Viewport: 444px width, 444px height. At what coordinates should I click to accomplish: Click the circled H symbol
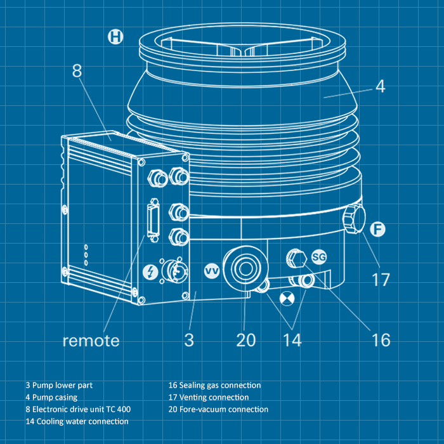pyautogui.click(x=115, y=37)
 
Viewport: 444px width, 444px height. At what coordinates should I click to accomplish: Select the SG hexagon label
pyautogui.click(x=319, y=257)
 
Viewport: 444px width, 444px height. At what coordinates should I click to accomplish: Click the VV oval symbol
pyautogui.click(x=212, y=271)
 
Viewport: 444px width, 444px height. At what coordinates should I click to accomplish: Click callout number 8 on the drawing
pyautogui.click(x=77, y=70)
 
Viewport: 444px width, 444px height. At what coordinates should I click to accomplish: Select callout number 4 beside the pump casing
pyautogui.click(x=380, y=87)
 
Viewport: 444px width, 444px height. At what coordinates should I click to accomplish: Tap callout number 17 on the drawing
pyautogui.click(x=380, y=279)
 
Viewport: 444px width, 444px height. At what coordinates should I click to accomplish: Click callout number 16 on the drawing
pyautogui.click(x=381, y=339)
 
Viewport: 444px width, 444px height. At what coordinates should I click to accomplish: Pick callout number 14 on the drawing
pyautogui.click(x=292, y=339)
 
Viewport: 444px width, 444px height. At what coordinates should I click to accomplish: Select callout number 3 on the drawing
pyautogui.click(x=189, y=339)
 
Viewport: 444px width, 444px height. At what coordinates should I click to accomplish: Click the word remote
pyautogui.click(x=91, y=341)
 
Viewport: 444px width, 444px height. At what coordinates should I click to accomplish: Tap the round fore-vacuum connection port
pyautogui.click(x=245, y=264)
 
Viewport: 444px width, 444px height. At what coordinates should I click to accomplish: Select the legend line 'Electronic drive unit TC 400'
pyautogui.click(x=78, y=409)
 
